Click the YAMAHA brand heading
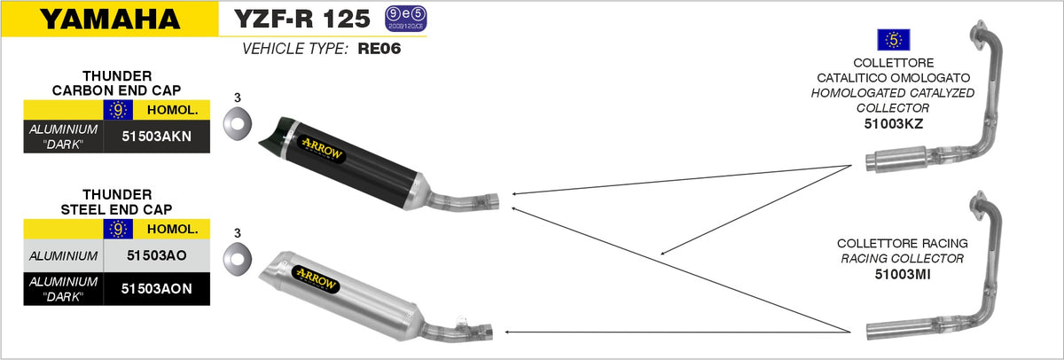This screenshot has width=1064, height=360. click(x=109, y=19)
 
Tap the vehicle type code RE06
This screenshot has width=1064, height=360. click(x=379, y=50)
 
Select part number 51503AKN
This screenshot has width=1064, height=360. click(x=157, y=137)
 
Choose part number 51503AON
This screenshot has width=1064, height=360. click(x=157, y=287)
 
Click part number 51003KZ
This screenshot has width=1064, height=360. click(x=894, y=124)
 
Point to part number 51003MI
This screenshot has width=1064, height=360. click(x=900, y=275)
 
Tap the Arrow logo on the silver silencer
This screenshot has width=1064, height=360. click(x=317, y=275)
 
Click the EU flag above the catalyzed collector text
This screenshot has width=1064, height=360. click(x=894, y=40)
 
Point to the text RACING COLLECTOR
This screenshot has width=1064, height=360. click(x=900, y=259)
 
